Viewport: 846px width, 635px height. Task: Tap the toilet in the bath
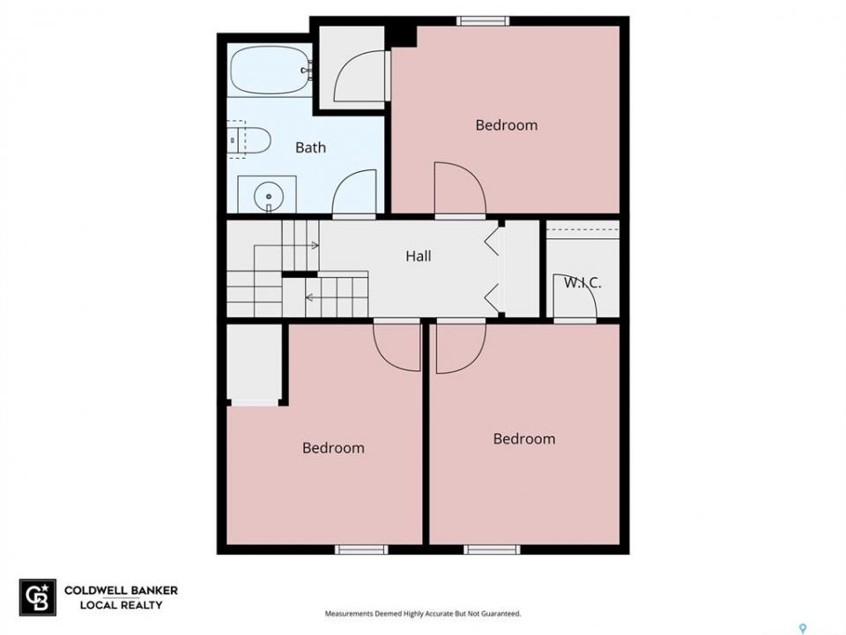tap(250, 139)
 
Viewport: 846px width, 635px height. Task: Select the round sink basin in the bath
tap(268, 197)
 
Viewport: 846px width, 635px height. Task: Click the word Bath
tap(310, 147)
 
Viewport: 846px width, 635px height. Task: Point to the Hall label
tap(418, 256)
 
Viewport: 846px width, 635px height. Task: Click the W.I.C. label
tap(583, 282)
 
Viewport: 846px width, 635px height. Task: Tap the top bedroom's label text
tap(506, 125)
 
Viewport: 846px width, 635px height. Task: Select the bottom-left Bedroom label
tap(333, 448)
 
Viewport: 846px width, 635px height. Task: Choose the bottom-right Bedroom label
tap(523, 438)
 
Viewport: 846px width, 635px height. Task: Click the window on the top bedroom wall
tap(483, 21)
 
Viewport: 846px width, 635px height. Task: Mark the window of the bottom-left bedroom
tap(361, 549)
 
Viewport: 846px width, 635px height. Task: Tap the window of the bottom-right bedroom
tap(492, 549)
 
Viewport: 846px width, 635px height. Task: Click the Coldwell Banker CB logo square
tap(38, 597)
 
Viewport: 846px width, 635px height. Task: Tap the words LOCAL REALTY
tap(121, 605)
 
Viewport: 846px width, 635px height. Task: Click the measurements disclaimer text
tap(422, 614)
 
